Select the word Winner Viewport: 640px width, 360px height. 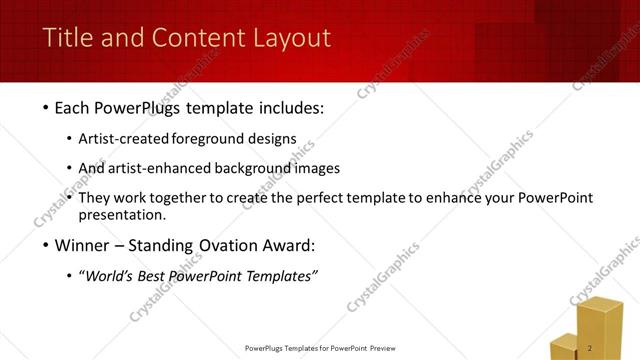pyautogui.click(x=86, y=246)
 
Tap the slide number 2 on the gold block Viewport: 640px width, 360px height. pyautogui.click(x=591, y=348)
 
